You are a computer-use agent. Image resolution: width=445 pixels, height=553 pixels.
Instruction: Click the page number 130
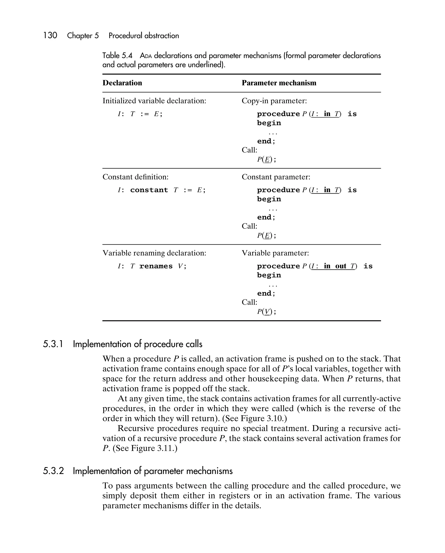[x=50, y=35]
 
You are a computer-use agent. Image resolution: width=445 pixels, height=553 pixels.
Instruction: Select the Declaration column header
[x=122, y=83]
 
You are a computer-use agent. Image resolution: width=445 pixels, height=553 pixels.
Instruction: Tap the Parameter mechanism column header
[x=279, y=83]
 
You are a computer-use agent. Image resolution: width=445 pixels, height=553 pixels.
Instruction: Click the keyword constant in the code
[x=149, y=190]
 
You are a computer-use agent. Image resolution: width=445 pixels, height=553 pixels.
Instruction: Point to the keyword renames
[x=156, y=266]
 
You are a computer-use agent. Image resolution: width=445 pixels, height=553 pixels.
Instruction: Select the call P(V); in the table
[x=266, y=312]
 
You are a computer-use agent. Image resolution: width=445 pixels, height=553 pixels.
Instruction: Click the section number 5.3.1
[x=53, y=344]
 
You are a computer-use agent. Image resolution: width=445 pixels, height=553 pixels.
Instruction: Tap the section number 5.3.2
[x=53, y=471]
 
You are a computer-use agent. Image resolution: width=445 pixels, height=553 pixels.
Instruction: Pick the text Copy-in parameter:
[x=274, y=101]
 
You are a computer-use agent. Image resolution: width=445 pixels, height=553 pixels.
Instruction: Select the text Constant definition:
[x=135, y=177]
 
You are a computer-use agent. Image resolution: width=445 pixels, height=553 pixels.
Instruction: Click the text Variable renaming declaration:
[x=154, y=253]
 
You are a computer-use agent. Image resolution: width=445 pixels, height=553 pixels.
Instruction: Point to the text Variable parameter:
[x=275, y=253]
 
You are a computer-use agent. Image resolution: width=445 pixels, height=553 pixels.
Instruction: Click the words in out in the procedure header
[x=335, y=266]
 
